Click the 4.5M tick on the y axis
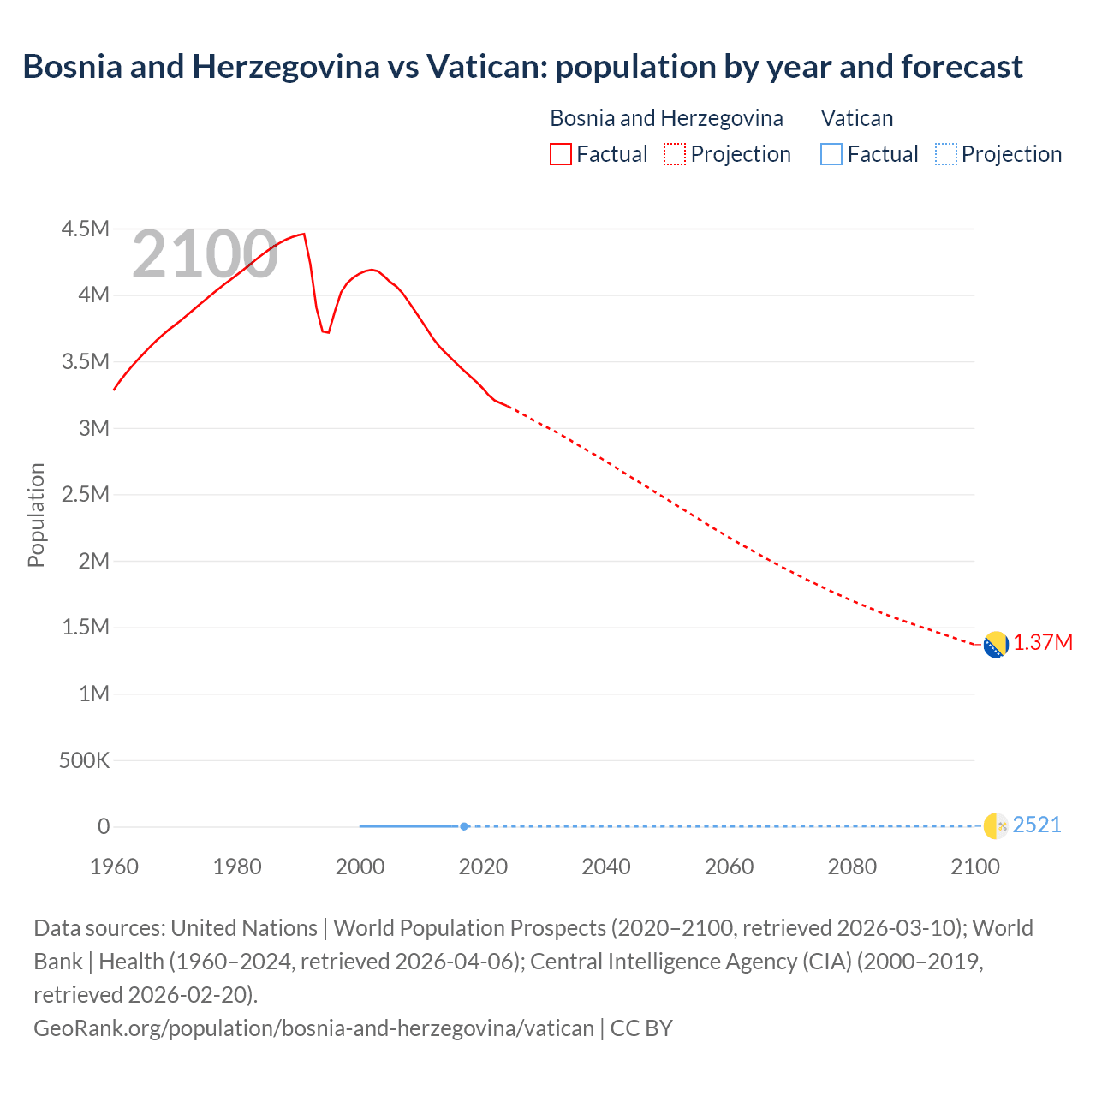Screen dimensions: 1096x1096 click(85, 229)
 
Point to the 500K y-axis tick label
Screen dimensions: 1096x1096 click(84, 760)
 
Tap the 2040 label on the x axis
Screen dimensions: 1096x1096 click(606, 867)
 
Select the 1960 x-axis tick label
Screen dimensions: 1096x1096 click(114, 867)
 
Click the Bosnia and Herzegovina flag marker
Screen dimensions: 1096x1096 click(995, 645)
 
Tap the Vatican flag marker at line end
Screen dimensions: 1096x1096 click(995, 825)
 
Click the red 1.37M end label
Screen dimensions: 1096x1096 click(1043, 643)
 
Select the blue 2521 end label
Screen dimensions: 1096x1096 click(1037, 825)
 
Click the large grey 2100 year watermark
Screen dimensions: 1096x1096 click(205, 254)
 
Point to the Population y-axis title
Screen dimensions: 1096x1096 click(36, 515)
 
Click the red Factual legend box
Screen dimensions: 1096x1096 click(560, 154)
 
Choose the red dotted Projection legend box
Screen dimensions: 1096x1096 click(675, 154)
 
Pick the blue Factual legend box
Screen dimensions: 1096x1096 click(831, 154)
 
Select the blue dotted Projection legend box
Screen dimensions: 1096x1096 click(945, 154)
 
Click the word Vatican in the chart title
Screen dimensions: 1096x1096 click(485, 66)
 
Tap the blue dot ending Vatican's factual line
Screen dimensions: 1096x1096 click(464, 826)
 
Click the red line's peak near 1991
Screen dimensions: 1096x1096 click(303, 234)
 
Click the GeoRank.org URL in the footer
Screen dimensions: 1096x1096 click(313, 1028)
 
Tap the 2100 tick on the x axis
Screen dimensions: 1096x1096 click(974, 867)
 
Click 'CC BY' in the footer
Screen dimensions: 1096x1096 click(641, 1028)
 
